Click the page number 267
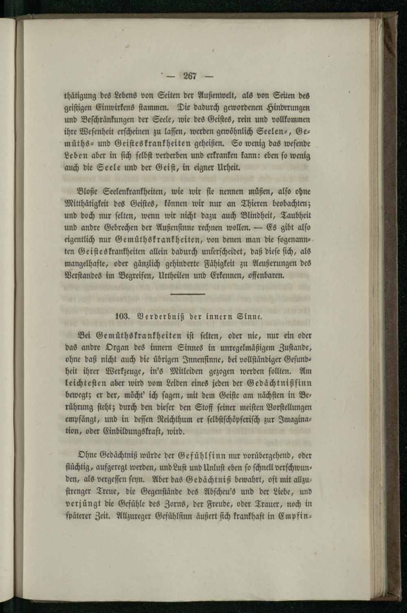[190, 76]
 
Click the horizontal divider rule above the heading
[188, 294]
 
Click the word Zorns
[177, 504]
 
